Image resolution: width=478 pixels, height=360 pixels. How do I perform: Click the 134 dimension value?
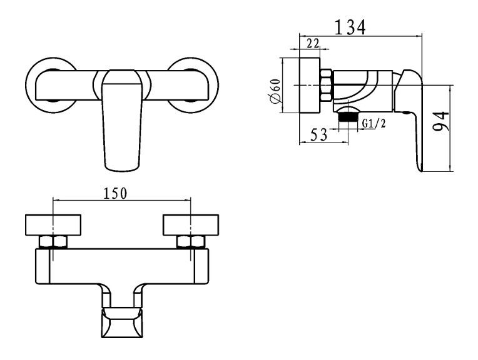click(350, 27)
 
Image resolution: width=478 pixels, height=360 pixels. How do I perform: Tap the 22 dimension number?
click(313, 44)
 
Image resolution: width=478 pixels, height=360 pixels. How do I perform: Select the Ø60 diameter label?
click(275, 91)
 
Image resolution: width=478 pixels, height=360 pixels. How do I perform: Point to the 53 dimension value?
click(318, 134)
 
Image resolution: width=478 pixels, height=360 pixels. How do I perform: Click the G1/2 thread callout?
click(374, 123)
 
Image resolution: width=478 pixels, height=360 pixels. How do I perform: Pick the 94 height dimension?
click(441, 121)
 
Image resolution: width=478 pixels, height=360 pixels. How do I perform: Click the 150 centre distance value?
click(115, 193)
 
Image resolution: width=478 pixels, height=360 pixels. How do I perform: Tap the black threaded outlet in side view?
click(348, 116)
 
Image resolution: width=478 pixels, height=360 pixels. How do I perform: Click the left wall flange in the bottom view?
click(53, 225)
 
